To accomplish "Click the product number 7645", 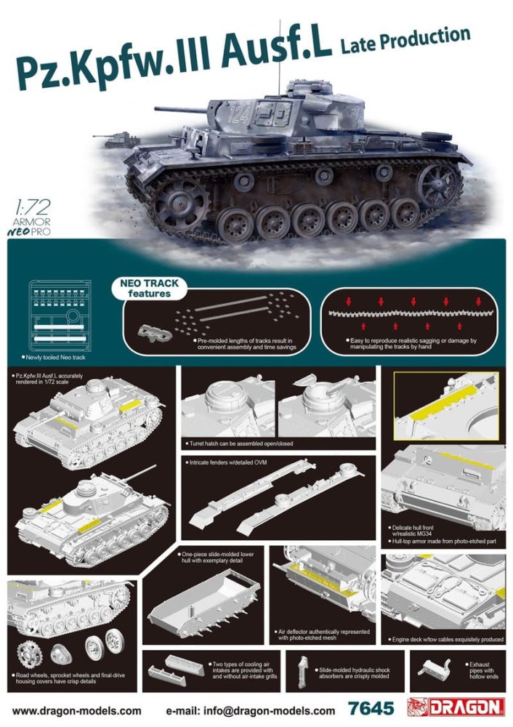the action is click(371, 708).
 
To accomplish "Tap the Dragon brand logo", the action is click(456, 707).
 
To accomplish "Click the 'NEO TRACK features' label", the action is click(149, 289).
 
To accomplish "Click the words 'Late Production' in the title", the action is click(405, 39).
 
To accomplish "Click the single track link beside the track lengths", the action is click(155, 332).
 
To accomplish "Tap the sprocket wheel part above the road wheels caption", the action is click(30, 654).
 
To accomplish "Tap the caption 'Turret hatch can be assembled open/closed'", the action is click(241, 443).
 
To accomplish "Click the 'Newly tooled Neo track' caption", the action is click(53, 358).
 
